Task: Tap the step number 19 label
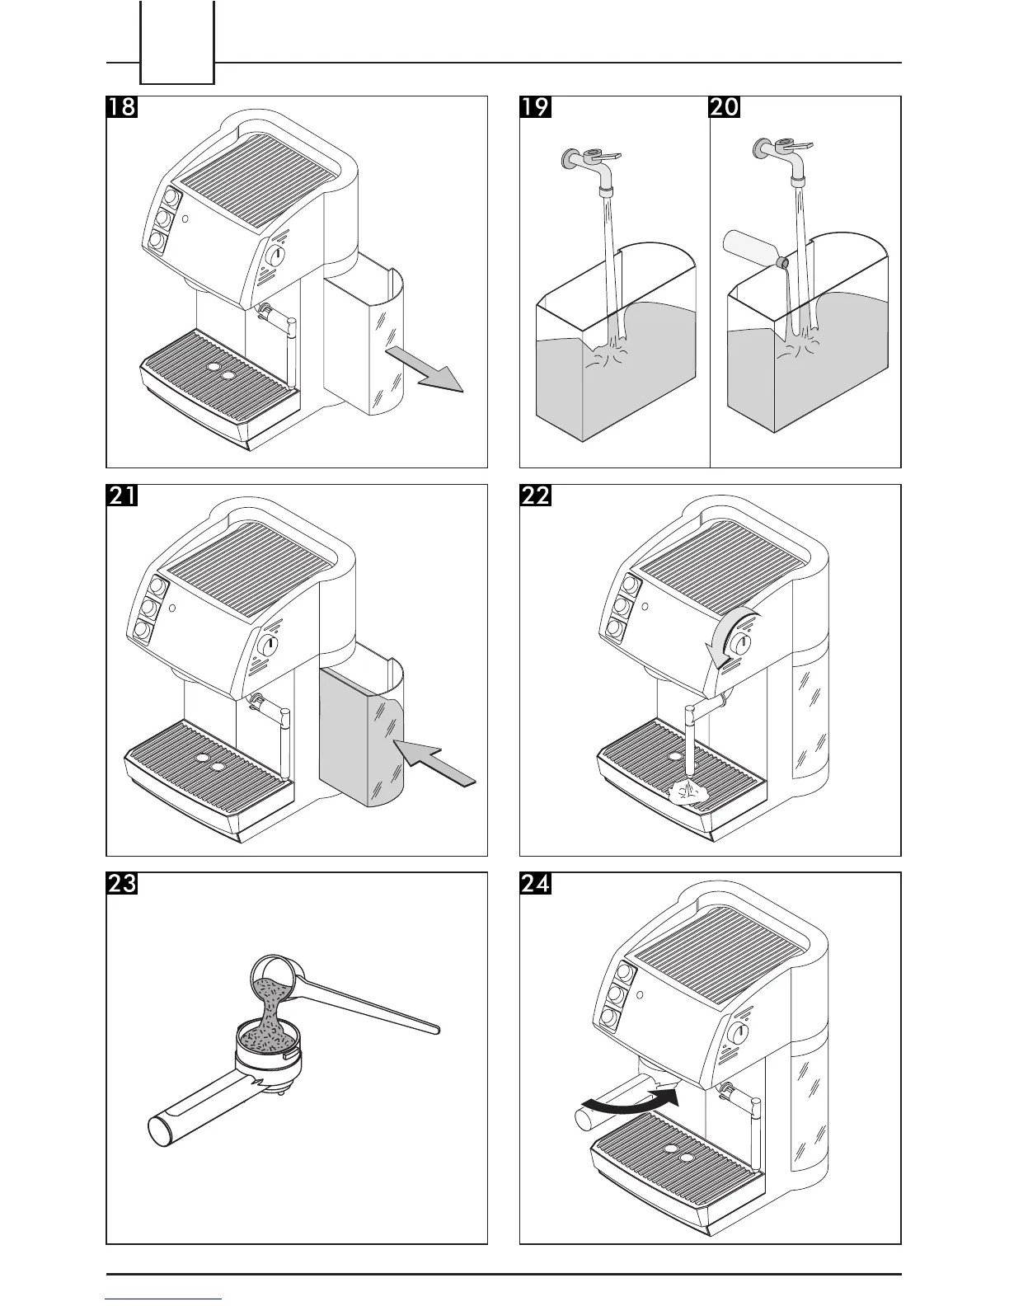coord(535,108)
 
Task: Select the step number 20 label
coord(725,108)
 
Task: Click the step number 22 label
coord(535,496)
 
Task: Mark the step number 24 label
coord(535,884)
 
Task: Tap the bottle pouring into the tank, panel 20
coord(752,248)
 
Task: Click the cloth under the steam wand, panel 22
coord(690,792)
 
